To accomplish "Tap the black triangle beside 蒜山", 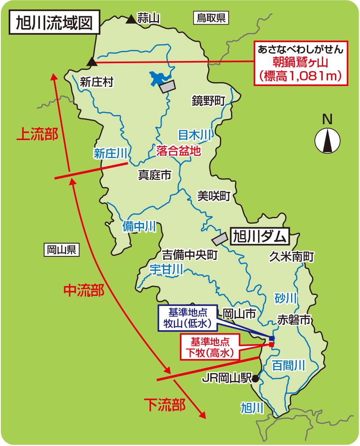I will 131,19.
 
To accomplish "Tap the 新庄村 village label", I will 97,82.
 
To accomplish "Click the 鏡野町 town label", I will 208,101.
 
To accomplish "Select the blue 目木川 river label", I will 195,135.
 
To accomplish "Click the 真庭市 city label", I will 155,175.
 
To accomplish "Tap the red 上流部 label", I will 37,134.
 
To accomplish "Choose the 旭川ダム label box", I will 259,237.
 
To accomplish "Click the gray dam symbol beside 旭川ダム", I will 220,239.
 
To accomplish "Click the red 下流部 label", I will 165,404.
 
